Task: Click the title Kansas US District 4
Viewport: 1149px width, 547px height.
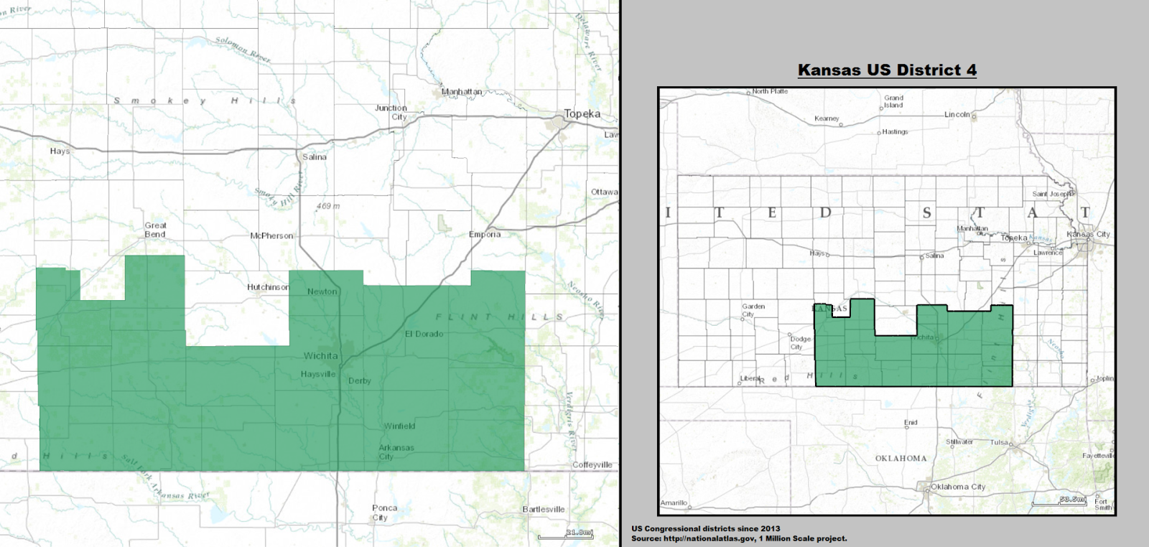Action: coord(887,70)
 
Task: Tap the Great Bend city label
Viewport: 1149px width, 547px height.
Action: coord(155,230)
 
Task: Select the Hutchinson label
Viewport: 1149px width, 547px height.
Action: coord(268,287)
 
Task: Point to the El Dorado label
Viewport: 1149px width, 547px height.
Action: coord(424,334)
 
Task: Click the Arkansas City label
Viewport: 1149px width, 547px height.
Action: coord(396,452)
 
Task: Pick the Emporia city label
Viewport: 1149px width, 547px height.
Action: coord(485,235)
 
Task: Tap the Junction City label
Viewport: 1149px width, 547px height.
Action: coord(391,113)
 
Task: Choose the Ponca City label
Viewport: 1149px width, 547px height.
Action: coord(384,513)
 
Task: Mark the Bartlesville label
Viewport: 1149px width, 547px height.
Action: coord(544,510)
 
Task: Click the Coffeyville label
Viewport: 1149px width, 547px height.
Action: coord(592,465)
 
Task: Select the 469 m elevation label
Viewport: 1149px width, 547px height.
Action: coord(328,206)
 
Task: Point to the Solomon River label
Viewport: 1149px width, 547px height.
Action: coord(242,49)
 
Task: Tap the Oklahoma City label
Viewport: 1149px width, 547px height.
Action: coord(958,487)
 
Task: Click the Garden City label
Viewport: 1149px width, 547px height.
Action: coord(753,310)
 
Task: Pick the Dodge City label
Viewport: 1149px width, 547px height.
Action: coord(800,343)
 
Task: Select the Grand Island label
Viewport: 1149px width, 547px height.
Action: coord(893,101)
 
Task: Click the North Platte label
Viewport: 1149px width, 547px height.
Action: coord(770,91)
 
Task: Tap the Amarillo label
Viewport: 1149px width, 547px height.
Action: coord(674,502)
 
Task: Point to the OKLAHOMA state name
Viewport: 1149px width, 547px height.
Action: coord(901,458)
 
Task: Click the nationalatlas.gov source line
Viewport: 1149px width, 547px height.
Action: coord(739,538)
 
